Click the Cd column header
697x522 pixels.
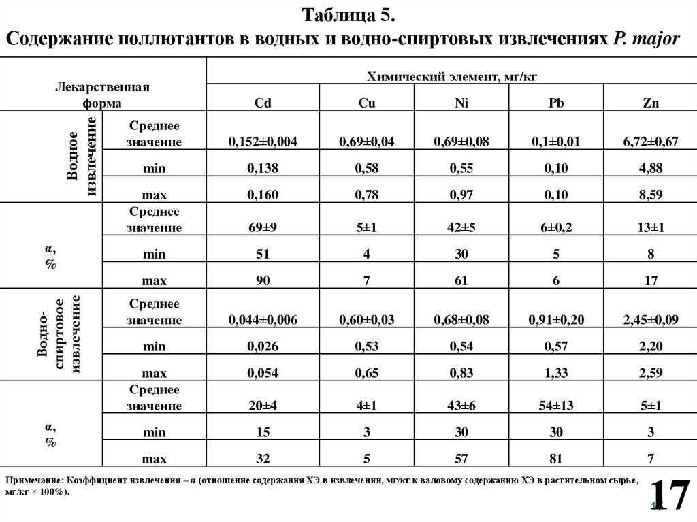point(263,103)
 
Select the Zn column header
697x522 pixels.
point(649,103)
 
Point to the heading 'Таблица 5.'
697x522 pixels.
point(348,15)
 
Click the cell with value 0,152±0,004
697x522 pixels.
point(263,142)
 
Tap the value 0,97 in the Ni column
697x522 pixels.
point(461,195)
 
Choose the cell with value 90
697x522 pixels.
point(263,280)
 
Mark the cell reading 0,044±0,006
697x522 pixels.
point(263,320)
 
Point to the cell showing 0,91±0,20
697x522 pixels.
point(555,320)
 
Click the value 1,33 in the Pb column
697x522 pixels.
point(555,373)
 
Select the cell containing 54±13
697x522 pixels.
point(555,406)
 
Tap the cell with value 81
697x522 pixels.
point(555,458)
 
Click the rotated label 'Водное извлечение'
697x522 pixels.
point(81,157)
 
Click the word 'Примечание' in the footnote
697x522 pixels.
point(33,480)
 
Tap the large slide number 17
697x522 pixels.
point(668,495)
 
